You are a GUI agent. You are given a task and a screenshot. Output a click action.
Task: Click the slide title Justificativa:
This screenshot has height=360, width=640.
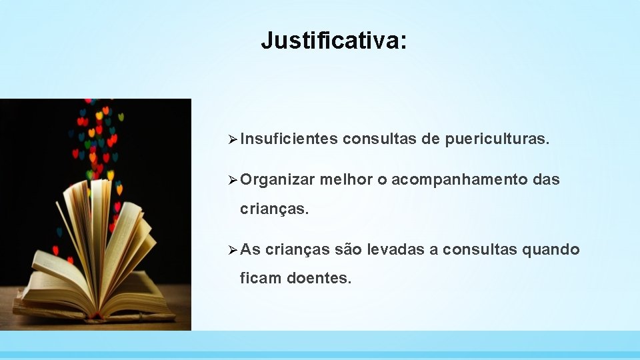[x=333, y=41]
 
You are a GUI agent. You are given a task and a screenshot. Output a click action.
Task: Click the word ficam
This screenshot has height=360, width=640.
[x=260, y=278]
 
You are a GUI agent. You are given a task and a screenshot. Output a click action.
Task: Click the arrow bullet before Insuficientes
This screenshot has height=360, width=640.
[x=232, y=139]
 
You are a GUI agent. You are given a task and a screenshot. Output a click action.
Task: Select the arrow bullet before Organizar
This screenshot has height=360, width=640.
[x=232, y=179]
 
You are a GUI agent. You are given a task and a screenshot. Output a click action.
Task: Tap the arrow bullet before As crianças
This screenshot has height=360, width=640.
[x=232, y=249]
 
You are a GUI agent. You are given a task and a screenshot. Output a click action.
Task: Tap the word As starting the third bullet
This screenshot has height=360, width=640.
[x=251, y=249]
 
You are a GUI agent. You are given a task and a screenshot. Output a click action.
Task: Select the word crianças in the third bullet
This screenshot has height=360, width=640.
[x=297, y=249]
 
